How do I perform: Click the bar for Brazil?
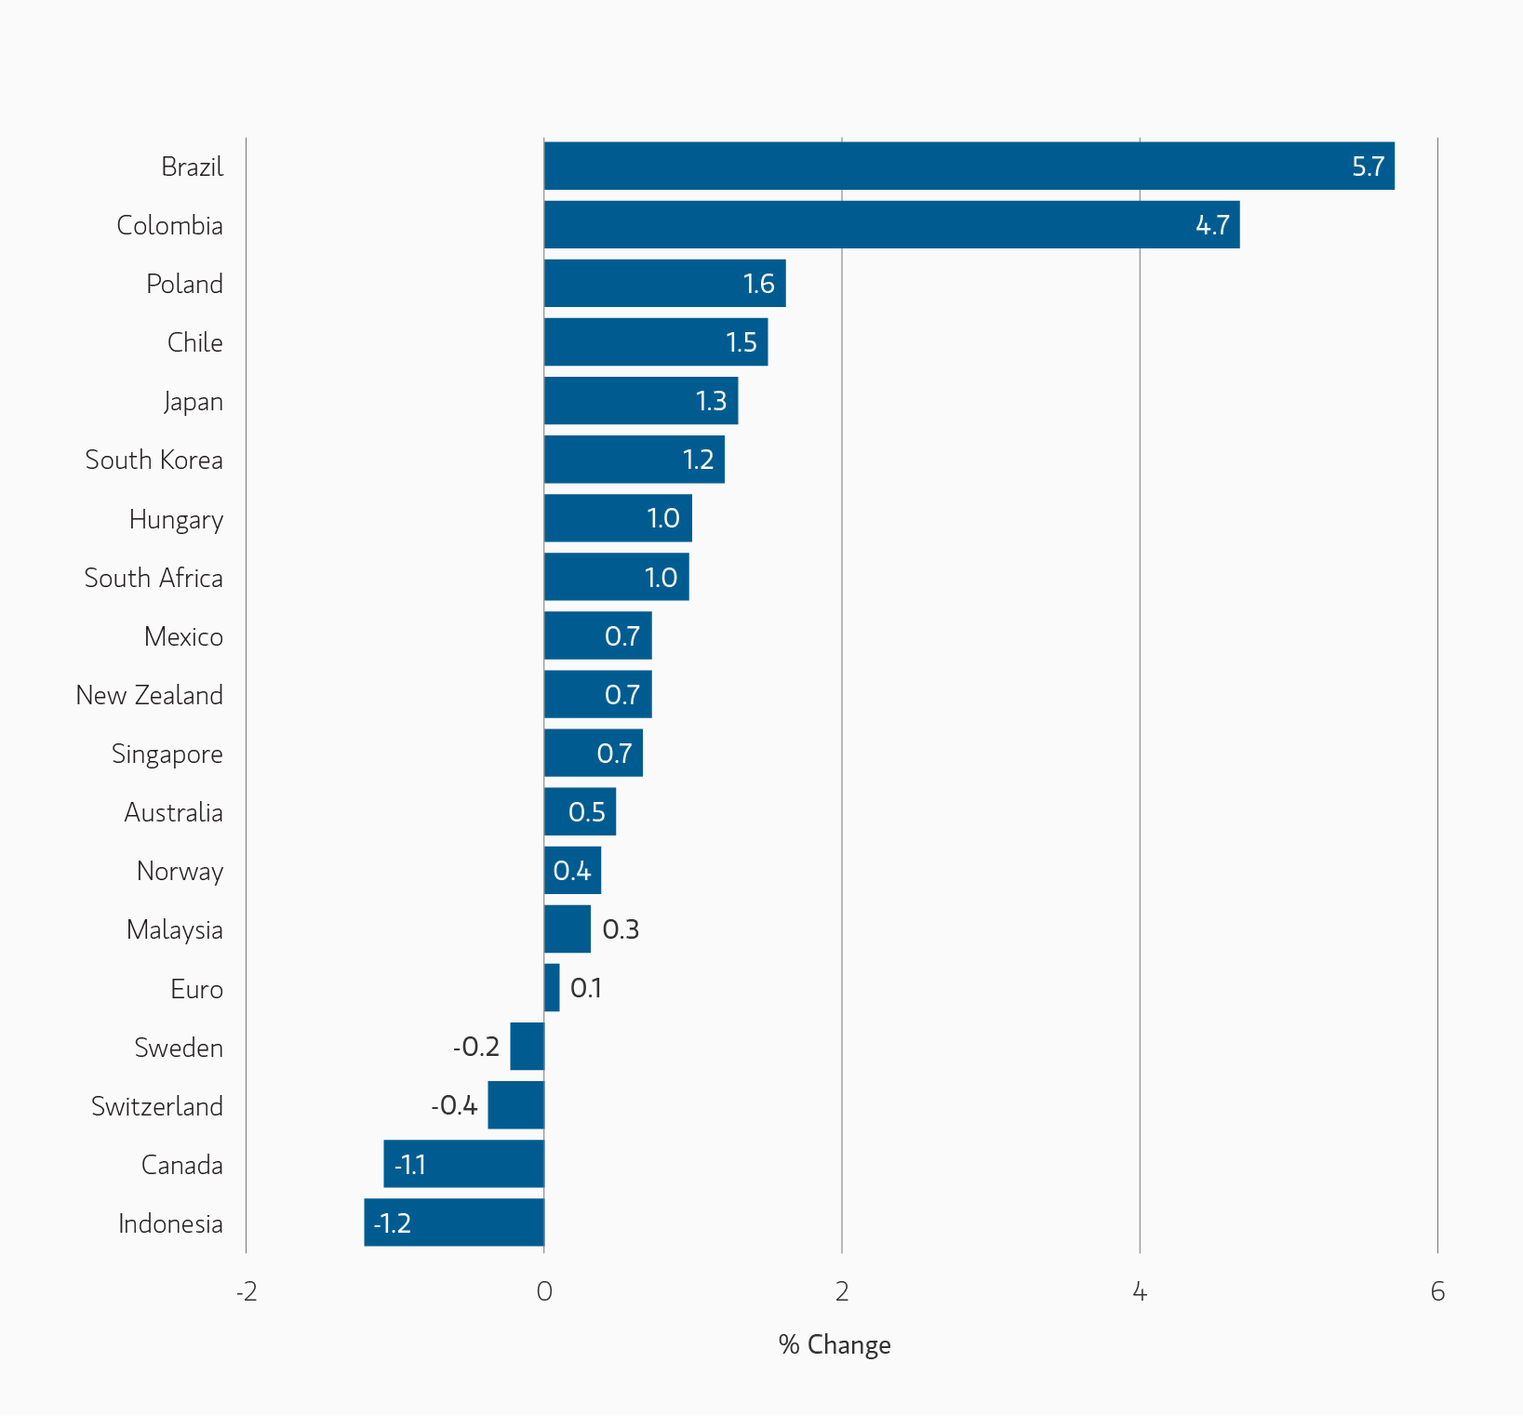(x=969, y=167)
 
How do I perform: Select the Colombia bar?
(x=891, y=225)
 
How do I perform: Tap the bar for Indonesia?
(x=454, y=1222)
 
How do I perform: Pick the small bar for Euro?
(x=552, y=988)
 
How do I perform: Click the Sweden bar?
(x=528, y=1047)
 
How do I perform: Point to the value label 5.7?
(x=1368, y=167)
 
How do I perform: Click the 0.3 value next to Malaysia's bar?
(x=621, y=929)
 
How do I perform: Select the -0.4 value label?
(x=454, y=1105)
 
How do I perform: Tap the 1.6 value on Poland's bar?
(x=758, y=284)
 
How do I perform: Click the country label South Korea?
(x=154, y=461)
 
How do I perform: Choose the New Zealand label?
(x=150, y=695)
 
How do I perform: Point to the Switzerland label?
(x=157, y=1106)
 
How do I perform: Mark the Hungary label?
(x=176, y=519)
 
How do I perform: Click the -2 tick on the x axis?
(x=246, y=1291)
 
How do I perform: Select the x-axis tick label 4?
(x=1140, y=1291)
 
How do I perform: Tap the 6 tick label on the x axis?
(x=1437, y=1291)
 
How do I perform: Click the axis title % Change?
(x=835, y=1345)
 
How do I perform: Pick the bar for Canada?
(x=463, y=1164)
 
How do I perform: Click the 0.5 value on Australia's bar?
(x=586, y=812)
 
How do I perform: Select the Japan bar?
(x=640, y=401)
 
